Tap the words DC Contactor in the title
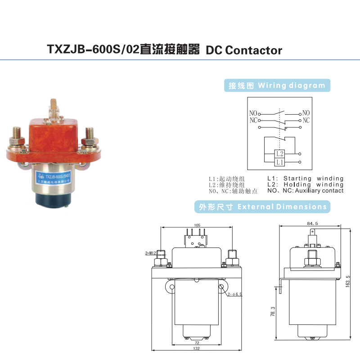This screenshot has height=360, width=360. pyautogui.click(x=244, y=49)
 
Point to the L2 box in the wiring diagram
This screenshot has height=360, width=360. pyautogui.click(x=280, y=153)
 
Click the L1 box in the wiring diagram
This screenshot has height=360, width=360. pyautogui.click(x=280, y=162)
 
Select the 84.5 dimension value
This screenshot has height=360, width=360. pyautogui.click(x=312, y=223)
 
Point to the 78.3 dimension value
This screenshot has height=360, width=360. pyautogui.click(x=273, y=311)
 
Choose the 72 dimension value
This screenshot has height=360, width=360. pyautogui.click(x=196, y=342)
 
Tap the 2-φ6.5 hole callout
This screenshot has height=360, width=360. pyautogui.click(x=235, y=294)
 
